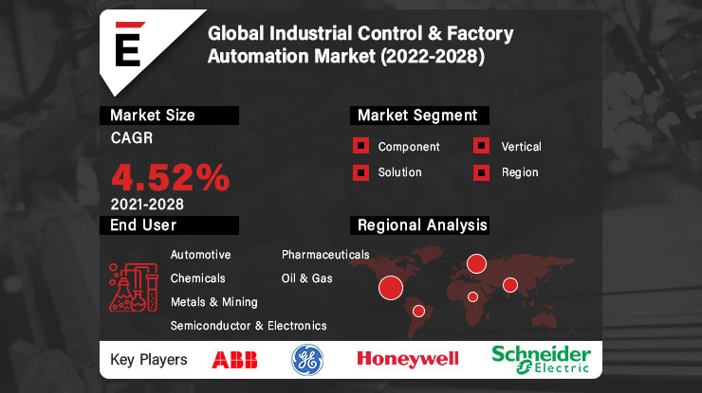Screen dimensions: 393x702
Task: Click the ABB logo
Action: tap(233, 359)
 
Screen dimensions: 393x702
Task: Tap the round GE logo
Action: tap(306, 359)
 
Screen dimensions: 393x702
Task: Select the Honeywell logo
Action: tap(407, 358)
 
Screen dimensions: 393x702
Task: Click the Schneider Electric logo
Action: tap(541, 358)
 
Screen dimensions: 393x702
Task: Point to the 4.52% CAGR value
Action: tap(171, 176)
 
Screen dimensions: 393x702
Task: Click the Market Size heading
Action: tap(153, 116)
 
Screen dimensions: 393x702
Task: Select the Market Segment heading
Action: tap(416, 116)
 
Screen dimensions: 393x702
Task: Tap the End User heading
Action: tap(143, 225)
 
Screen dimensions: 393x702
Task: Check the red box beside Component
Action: tap(360, 147)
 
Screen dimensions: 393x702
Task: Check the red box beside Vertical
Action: tap(482, 147)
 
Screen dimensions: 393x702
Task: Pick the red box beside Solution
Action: tap(360, 172)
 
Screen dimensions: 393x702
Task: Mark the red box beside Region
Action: tap(482, 172)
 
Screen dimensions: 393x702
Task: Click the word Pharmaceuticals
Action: tap(325, 255)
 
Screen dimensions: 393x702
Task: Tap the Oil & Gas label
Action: tap(307, 278)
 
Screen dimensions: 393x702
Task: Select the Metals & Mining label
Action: tap(214, 302)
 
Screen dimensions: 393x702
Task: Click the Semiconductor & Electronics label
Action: tap(249, 326)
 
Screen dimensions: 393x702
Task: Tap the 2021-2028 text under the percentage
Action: tap(147, 204)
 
